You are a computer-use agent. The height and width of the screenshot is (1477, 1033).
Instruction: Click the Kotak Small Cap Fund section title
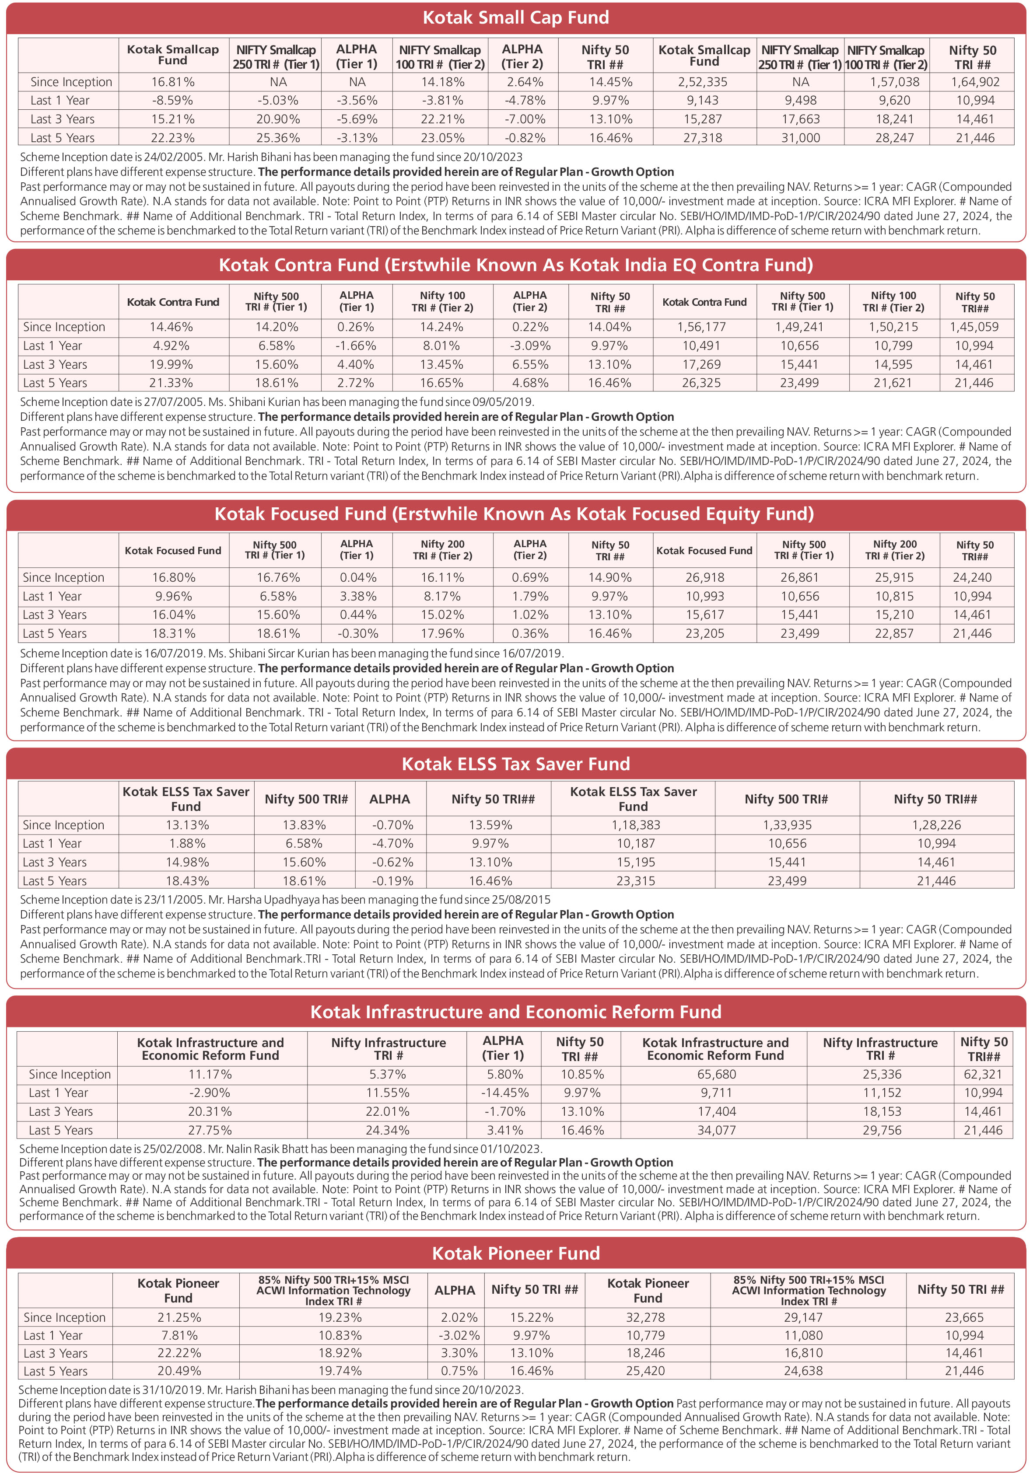point(515,17)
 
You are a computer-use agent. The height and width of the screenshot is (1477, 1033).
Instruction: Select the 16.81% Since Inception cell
point(173,82)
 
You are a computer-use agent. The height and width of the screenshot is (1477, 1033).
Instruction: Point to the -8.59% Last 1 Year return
point(173,100)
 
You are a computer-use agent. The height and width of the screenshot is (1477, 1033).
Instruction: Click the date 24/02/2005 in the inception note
point(171,157)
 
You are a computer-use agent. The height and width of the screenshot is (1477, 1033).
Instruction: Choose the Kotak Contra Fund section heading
point(515,265)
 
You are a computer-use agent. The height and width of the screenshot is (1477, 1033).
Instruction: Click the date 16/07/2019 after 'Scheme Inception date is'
point(171,653)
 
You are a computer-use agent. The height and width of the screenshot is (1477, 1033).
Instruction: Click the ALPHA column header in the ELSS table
point(389,799)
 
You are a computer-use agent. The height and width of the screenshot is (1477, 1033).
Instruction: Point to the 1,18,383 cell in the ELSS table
point(634,825)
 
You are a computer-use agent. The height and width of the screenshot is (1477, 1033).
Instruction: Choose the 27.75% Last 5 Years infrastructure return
point(210,1130)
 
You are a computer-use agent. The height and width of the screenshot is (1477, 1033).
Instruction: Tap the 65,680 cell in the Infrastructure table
point(716,1074)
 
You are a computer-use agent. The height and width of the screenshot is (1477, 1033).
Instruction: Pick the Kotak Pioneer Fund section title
point(515,1253)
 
